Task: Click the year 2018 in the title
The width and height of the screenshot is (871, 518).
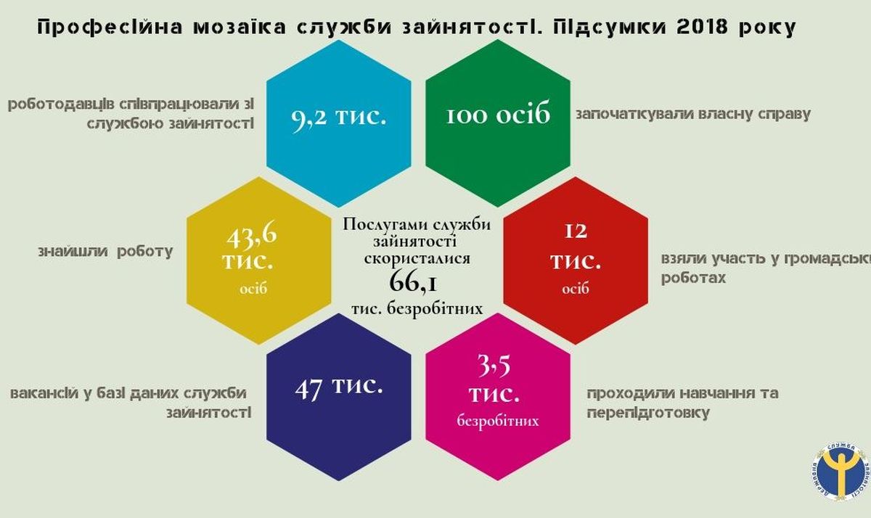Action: [702, 27]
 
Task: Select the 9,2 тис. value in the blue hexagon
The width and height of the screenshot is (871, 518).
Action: [339, 117]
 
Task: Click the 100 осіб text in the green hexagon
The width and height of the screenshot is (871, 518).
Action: [498, 114]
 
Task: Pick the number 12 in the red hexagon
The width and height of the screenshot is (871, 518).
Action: [576, 231]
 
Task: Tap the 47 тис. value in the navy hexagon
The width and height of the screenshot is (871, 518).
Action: [339, 388]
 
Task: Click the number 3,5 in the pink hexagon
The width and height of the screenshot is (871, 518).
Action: [494, 366]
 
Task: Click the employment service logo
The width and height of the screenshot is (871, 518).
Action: [841, 471]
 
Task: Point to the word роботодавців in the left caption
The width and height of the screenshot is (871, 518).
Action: [61, 105]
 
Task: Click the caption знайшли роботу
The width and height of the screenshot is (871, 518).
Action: [105, 252]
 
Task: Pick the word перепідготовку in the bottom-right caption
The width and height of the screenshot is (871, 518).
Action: [648, 413]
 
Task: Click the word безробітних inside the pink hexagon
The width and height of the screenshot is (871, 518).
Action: [498, 422]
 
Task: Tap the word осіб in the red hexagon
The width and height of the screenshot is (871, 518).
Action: [576, 289]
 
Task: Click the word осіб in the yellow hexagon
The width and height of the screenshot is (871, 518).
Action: [253, 289]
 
